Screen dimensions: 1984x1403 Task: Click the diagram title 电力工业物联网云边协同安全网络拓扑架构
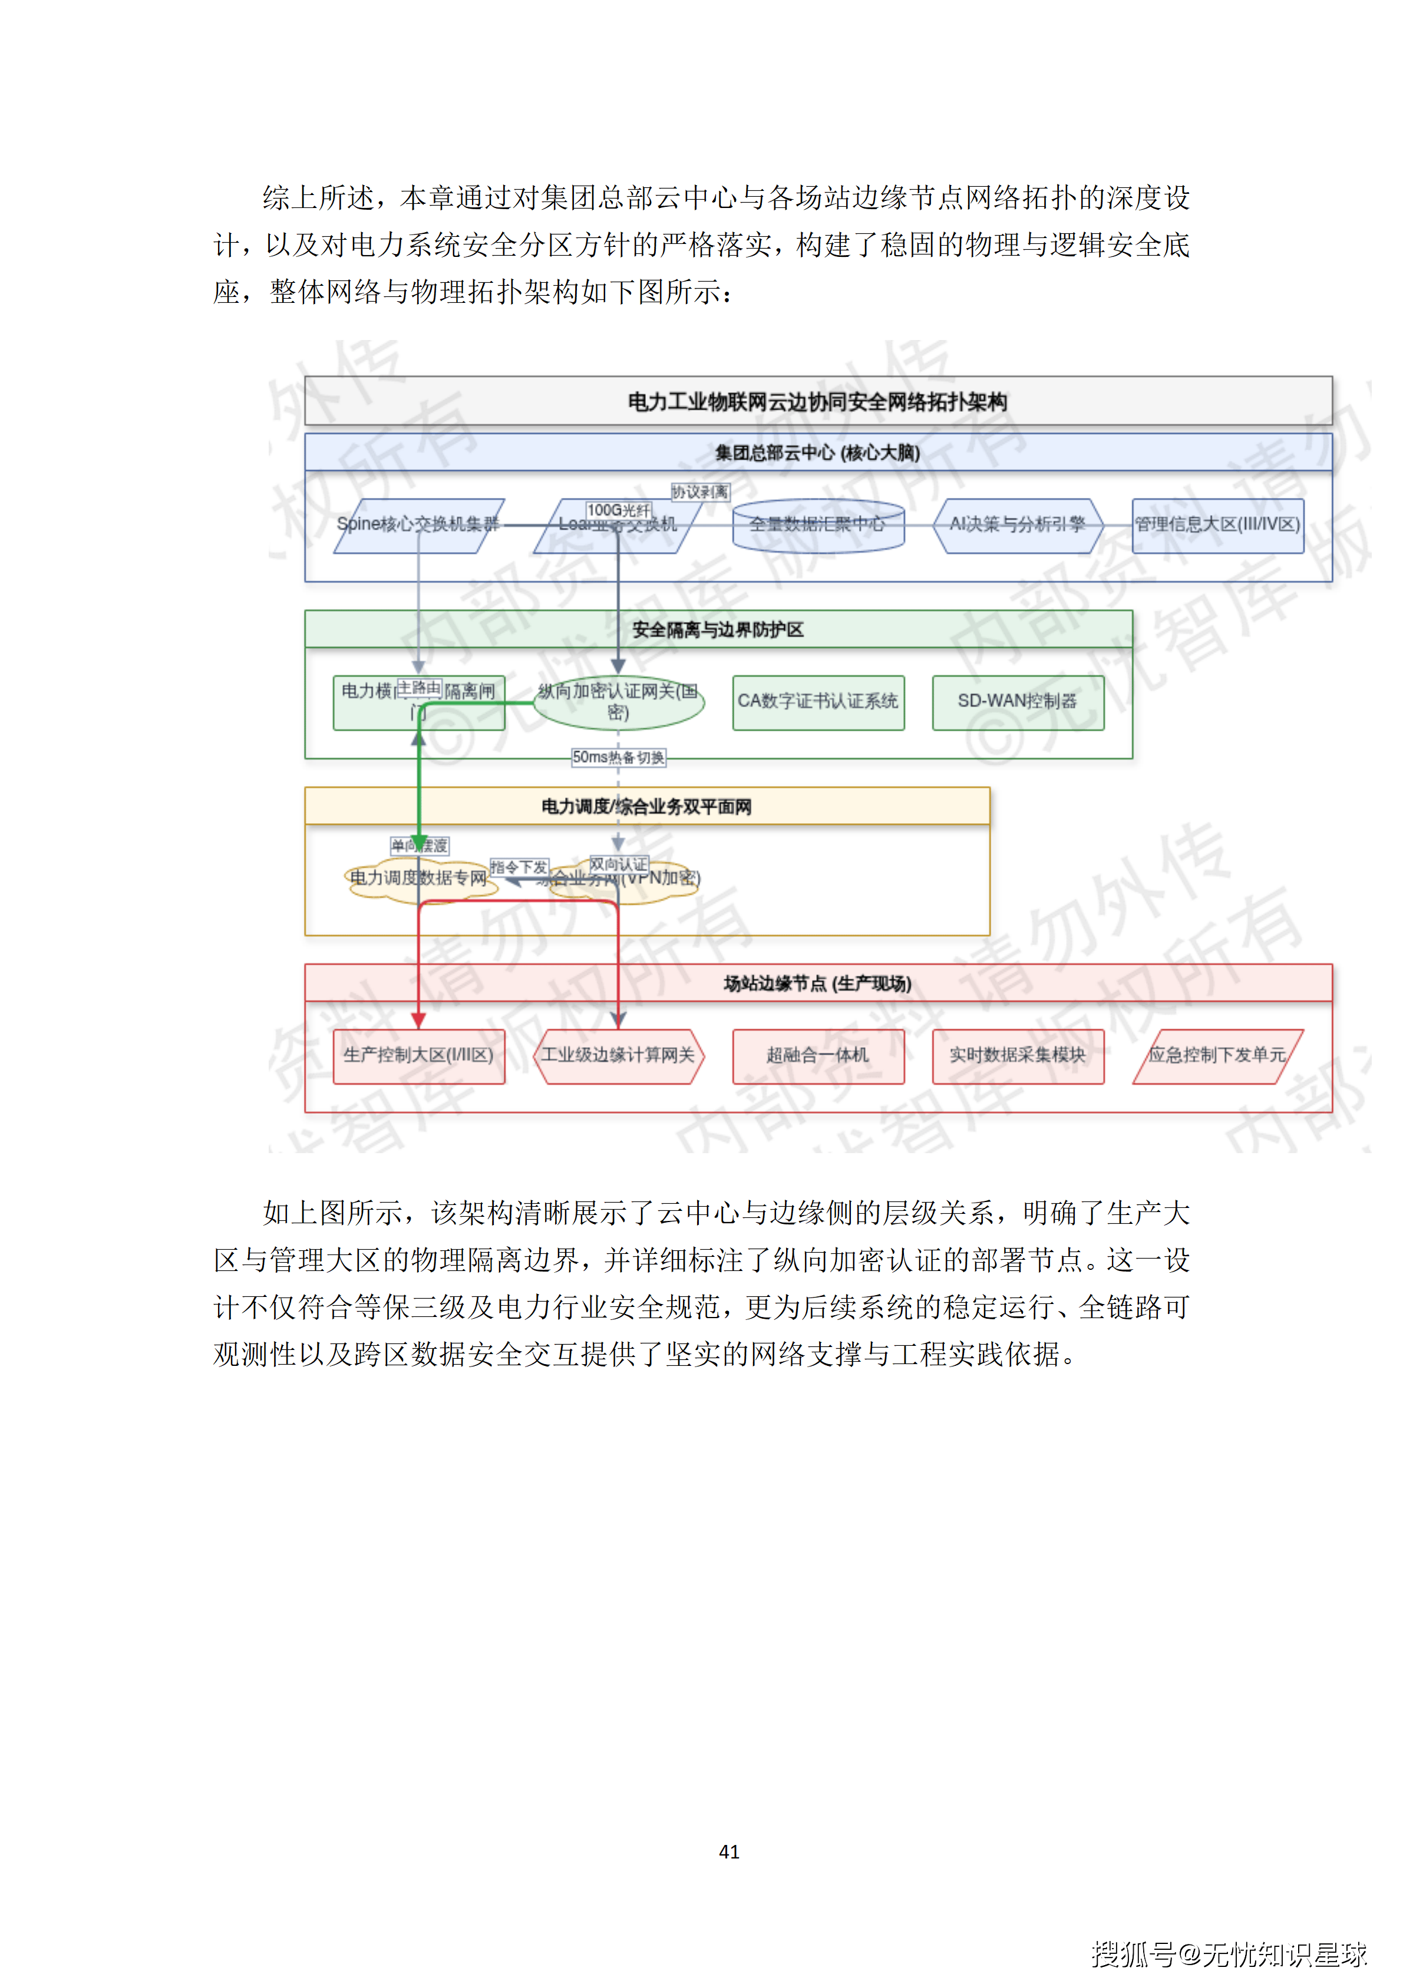(817, 402)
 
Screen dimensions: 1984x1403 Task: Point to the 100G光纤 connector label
(618, 510)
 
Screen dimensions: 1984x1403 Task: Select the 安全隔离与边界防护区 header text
(718, 630)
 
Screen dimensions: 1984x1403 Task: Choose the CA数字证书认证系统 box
(817, 702)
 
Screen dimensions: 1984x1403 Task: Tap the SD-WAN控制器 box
(1018, 702)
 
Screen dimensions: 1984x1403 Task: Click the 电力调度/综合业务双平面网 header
(646, 806)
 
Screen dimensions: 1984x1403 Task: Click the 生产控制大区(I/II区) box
(418, 1055)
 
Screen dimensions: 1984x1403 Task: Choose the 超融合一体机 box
(817, 1055)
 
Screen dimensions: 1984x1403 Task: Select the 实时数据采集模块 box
(1018, 1055)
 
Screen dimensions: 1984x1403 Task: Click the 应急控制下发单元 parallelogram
(1217, 1055)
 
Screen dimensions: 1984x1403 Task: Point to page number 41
(729, 1851)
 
